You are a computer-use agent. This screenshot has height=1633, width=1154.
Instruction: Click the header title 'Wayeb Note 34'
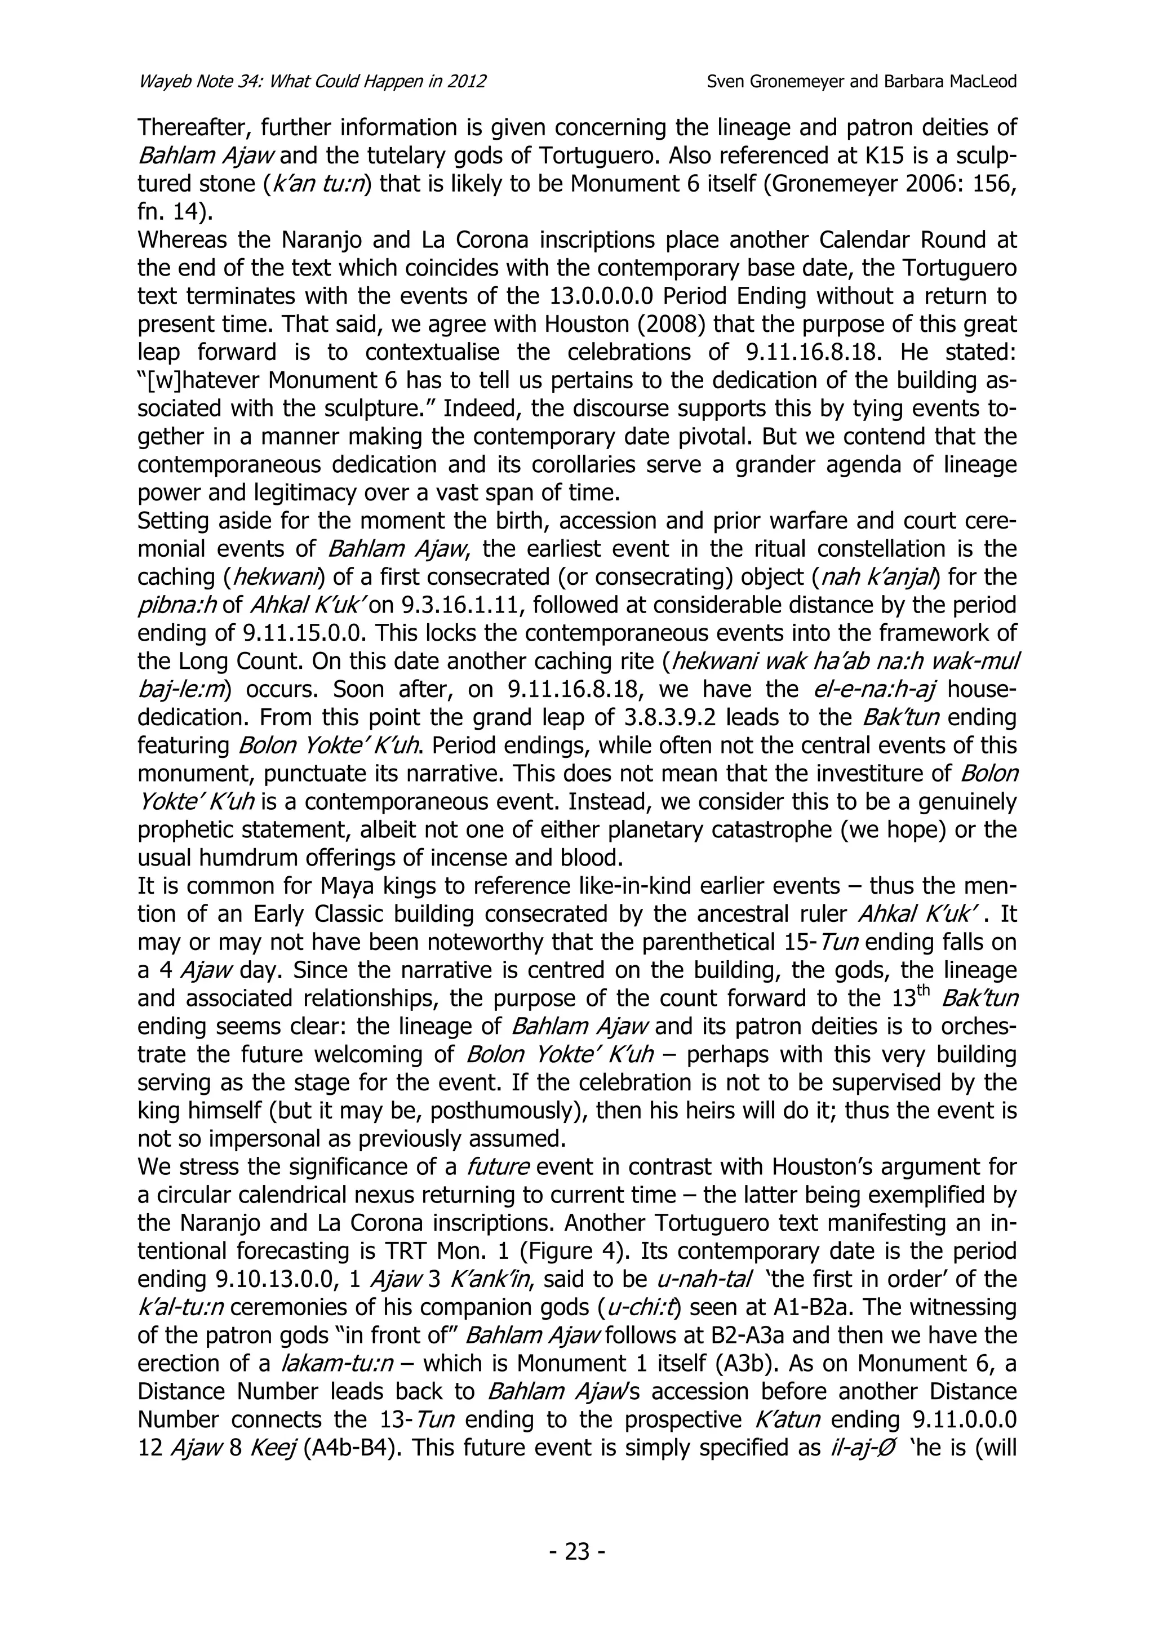[211, 81]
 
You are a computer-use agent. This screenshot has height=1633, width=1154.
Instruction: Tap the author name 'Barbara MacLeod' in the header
[950, 81]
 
